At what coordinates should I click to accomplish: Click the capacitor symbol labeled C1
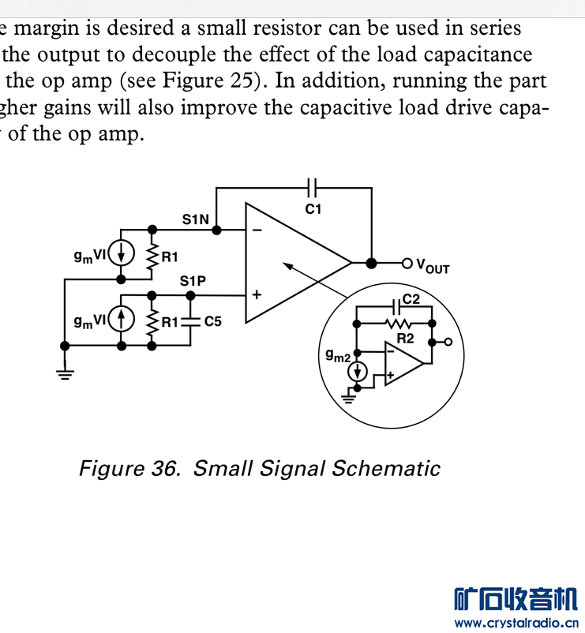[x=312, y=188]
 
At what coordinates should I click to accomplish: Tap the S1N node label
[x=196, y=219]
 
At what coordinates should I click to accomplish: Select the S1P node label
[x=193, y=281]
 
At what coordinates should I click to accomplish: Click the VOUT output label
[x=433, y=267]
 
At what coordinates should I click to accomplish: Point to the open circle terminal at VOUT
[x=407, y=264]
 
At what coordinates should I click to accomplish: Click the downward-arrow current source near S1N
[x=121, y=254]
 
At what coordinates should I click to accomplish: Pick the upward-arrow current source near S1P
[x=121, y=320]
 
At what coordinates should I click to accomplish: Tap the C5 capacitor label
[x=213, y=321]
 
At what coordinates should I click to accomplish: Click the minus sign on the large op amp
[x=257, y=230]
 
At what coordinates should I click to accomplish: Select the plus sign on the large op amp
[x=257, y=294]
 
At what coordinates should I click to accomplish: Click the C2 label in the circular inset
[x=411, y=299]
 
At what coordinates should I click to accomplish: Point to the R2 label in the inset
[x=405, y=339]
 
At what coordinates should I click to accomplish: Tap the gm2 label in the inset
[x=338, y=355]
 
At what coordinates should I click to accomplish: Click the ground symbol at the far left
[x=65, y=375]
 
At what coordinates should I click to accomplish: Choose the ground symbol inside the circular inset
[x=348, y=399]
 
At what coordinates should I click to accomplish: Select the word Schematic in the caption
[x=385, y=468]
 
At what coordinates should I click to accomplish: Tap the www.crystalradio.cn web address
[x=516, y=623]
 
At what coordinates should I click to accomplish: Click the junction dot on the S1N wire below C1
[x=216, y=230]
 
